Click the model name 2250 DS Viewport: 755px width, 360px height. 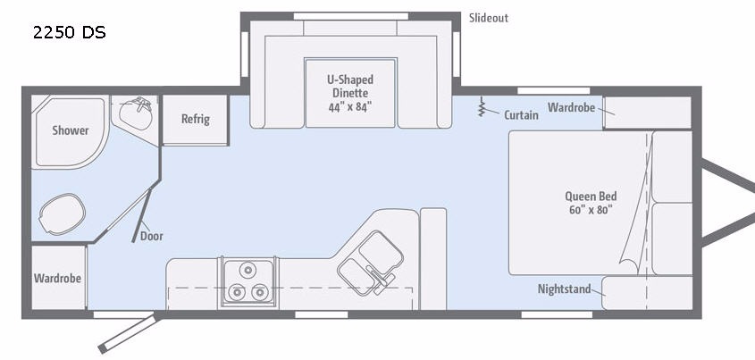point(70,33)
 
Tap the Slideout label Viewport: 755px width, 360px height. point(488,18)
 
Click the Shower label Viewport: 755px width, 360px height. point(71,130)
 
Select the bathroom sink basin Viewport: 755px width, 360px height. point(135,113)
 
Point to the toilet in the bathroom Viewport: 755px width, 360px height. point(62,214)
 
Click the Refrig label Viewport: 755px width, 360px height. point(195,119)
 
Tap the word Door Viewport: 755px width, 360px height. point(151,237)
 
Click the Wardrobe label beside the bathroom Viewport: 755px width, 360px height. point(57,278)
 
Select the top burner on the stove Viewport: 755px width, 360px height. point(247,270)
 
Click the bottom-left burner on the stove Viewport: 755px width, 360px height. point(237,291)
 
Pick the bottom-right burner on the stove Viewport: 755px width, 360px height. point(259,291)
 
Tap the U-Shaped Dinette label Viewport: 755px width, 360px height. point(350,85)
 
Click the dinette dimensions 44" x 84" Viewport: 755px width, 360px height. point(351,107)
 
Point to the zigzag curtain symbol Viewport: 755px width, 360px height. point(481,106)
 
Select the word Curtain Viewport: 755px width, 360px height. point(521,115)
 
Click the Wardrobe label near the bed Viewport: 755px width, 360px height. point(571,107)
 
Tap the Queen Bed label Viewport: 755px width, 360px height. point(591,197)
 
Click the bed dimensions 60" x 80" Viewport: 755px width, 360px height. point(591,210)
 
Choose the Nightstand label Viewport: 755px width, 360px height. point(565,289)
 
